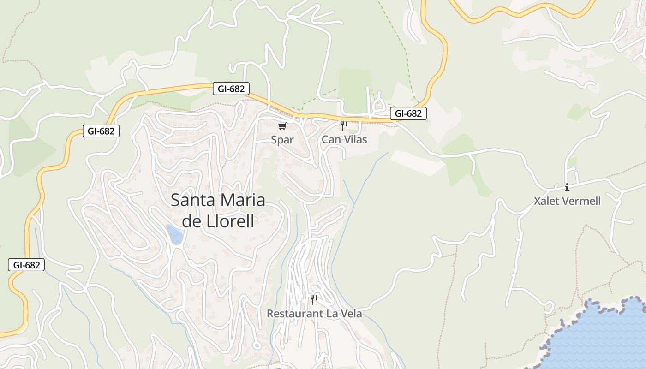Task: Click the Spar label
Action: pos(282,140)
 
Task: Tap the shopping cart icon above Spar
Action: pos(282,126)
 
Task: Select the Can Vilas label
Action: pos(344,140)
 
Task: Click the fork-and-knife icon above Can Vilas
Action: pos(344,126)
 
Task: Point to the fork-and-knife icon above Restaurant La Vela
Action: pos(314,300)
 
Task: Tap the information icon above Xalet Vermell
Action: pos(567,187)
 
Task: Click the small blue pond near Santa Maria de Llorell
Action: pos(174,234)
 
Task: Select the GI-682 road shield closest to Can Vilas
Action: pos(408,113)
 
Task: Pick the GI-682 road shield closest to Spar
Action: pos(231,89)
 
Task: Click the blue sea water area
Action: pos(604,337)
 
